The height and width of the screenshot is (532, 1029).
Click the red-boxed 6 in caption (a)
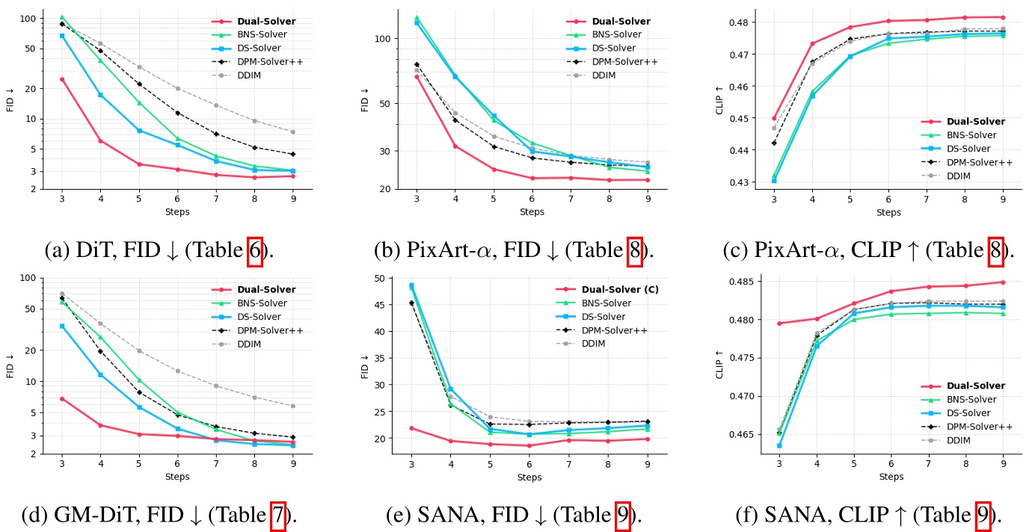coord(255,250)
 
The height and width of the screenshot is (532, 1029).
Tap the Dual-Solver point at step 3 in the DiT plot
coord(62,79)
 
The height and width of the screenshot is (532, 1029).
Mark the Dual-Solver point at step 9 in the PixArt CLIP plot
coord(1003,17)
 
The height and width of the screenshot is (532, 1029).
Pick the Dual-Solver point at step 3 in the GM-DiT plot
coord(62,399)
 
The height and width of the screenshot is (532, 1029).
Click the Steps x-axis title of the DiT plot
coord(177,212)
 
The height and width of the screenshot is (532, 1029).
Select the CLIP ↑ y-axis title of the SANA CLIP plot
coord(719,364)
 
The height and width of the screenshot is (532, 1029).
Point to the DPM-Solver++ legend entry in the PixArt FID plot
coord(625,61)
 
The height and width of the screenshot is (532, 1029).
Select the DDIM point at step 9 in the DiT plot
coord(292,132)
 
